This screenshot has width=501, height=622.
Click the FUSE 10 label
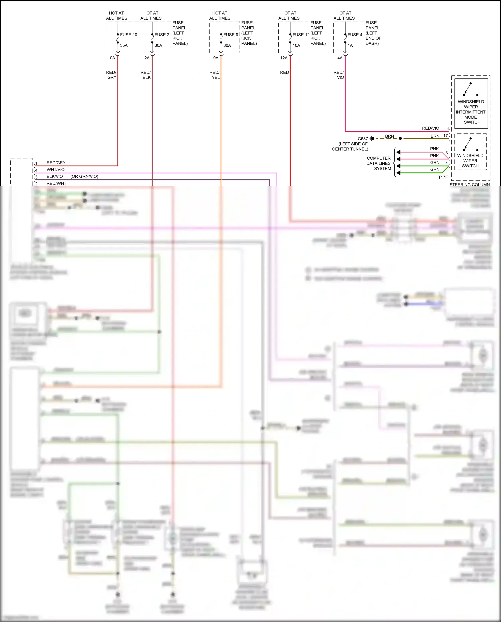128,35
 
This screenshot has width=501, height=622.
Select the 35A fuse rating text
124,45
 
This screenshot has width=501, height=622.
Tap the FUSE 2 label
162,35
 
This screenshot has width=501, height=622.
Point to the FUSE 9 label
231,35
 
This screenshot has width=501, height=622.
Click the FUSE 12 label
301,35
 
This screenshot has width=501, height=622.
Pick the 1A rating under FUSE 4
350,45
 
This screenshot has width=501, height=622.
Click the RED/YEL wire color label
215,75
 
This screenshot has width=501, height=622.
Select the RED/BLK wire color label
146,75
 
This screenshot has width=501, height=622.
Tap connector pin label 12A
284,58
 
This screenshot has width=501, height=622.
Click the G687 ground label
363,139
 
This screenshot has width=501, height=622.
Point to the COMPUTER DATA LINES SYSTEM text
379,163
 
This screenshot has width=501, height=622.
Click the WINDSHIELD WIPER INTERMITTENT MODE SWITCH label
471,112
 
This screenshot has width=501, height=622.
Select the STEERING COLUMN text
469,185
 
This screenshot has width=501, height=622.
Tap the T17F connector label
443,177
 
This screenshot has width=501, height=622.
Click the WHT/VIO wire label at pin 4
55,170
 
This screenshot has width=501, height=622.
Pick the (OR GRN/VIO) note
84,176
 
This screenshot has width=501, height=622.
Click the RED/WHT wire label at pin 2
56,183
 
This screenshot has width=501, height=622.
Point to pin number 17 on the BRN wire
445,136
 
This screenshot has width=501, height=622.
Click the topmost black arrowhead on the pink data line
398,152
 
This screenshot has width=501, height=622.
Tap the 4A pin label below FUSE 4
340,58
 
